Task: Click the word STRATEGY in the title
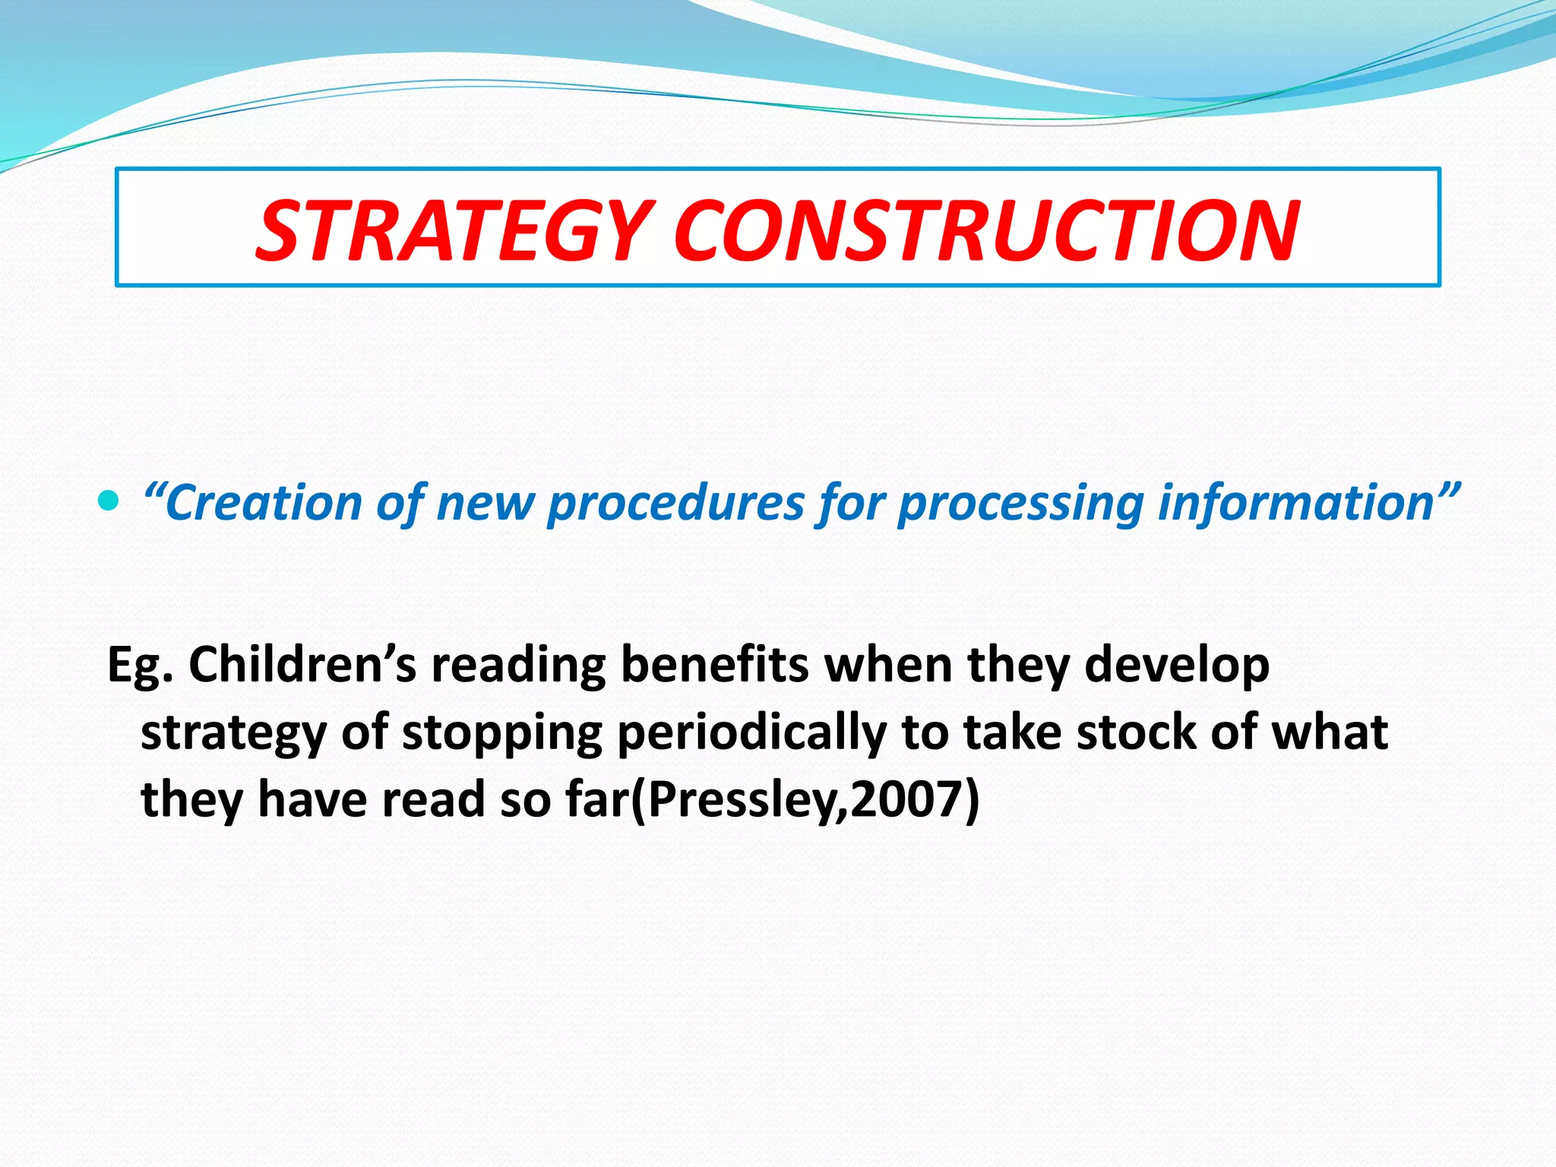coord(454,230)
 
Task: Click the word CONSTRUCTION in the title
coord(985,230)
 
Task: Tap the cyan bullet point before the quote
coord(109,501)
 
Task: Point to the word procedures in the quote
coord(675,504)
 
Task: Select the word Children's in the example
coord(302,665)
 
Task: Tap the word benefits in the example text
coord(714,665)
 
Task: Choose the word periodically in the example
coord(751,734)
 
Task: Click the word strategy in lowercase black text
coord(233,734)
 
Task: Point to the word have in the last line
coord(312,800)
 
